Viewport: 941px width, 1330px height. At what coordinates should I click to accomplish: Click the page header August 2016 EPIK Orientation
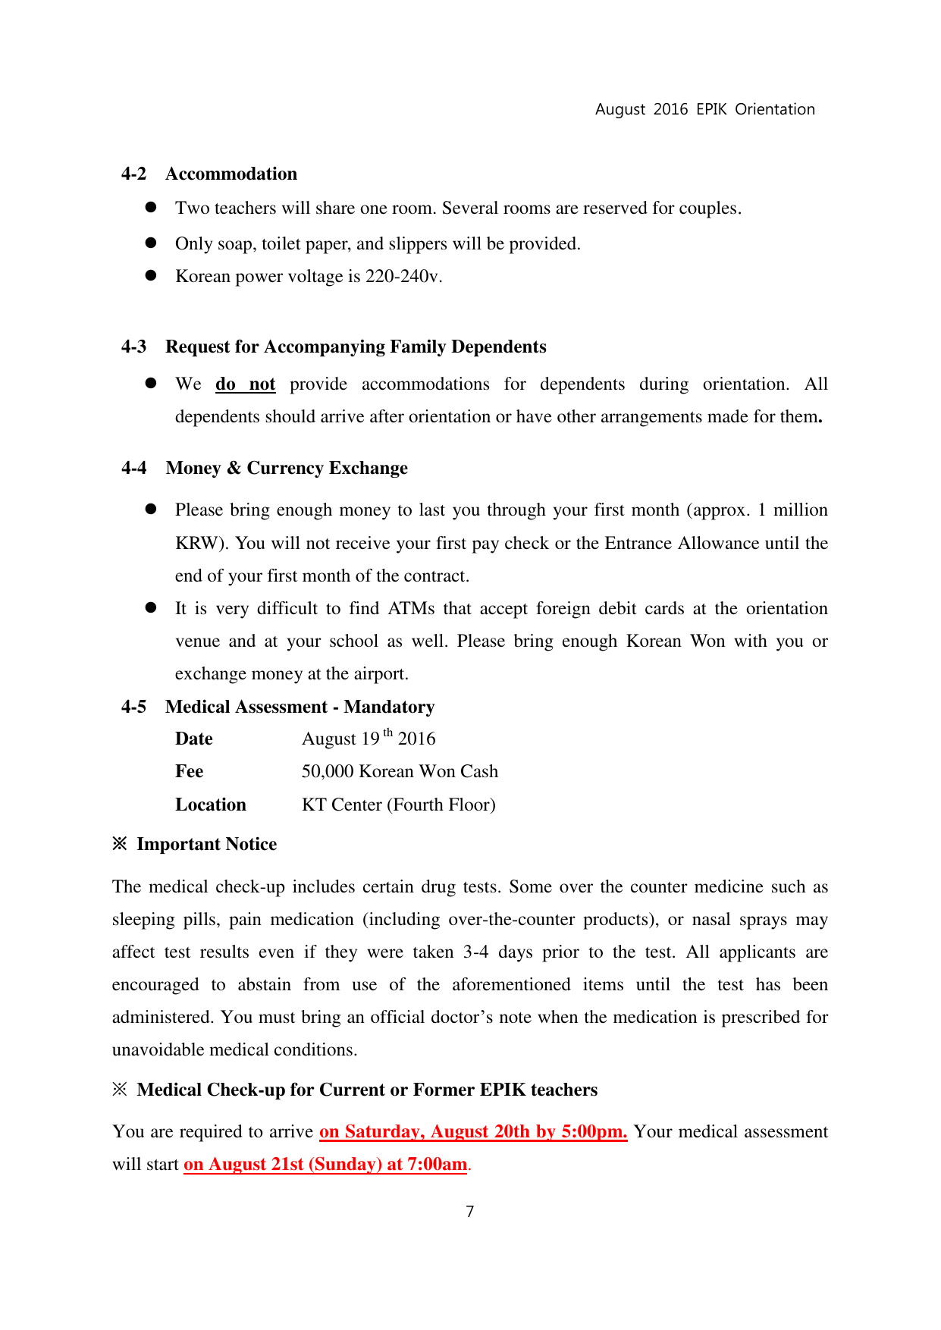(704, 109)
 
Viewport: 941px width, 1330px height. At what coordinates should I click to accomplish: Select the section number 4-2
(133, 174)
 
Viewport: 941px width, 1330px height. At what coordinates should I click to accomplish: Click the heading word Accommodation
(231, 174)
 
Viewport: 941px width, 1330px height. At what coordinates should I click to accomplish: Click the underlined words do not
(245, 384)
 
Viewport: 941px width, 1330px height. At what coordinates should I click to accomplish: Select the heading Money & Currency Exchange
(287, 468)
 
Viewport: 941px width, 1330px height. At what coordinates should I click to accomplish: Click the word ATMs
(411, 609)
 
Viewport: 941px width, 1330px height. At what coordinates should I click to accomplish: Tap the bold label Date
(194, 739)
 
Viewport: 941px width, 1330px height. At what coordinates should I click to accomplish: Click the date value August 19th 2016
(369, 739)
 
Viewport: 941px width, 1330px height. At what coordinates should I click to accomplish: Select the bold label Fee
(190, 771)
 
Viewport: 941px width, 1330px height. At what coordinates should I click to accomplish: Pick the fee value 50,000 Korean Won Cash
(400, 771)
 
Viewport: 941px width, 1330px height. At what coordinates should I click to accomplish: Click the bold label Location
(211, 805)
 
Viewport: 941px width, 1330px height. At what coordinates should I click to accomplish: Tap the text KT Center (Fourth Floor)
(399, 805)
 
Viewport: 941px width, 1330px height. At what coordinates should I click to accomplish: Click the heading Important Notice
(206, 844)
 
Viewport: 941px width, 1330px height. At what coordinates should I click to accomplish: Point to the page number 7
(470, 1212)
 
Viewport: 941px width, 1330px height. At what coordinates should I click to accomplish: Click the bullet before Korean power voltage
(151, 275)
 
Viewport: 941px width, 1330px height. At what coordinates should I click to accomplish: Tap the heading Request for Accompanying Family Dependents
(356, 347)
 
